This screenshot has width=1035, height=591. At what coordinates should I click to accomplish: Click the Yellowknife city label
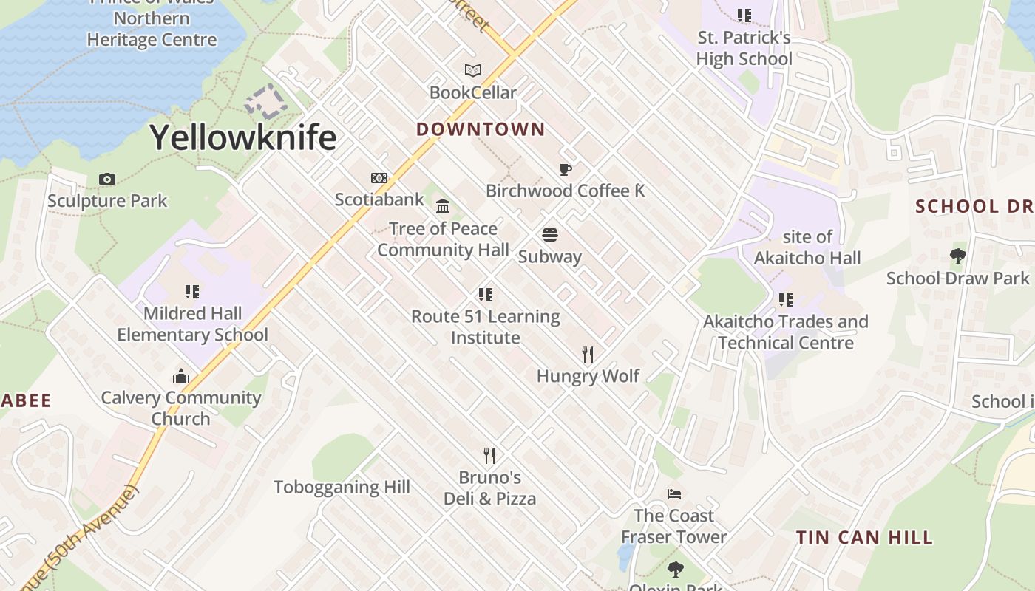pyautogui.click(x=243, y=137)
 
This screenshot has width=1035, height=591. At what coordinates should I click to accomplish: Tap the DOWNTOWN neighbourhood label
pyautogui.click(x=481, y=129)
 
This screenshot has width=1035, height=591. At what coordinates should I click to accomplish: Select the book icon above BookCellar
pyautogui.click(x=473, y=71)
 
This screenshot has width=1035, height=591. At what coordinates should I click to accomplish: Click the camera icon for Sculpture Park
pyautogui.click(x=107, y=179)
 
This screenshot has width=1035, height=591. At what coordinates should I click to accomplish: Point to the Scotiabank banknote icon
pyautogui.click(x=379, y=178)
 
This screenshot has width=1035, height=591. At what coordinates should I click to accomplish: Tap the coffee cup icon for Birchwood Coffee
pyautogui.click(x=566, y=170)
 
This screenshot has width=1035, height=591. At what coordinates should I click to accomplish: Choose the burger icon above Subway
pyautogui.click(x=549, y=235)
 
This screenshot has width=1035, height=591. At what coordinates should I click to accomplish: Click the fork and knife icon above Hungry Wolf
pyautogui.click(x=588, y=355)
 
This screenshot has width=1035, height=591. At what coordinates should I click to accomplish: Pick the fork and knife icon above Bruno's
pyautogui.click(x=489, y=455)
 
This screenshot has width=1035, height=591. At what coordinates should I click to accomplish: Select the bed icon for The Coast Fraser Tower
pyautogui.click(x=673, y=494)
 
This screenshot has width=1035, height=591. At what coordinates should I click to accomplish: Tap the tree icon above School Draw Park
pyautogui.click(x=958, y=256)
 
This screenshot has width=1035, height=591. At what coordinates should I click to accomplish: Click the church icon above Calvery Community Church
pyautogui.click(x=181, y=377)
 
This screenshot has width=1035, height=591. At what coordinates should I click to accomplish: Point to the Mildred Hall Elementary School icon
pyautogui.click(x=192, y=292)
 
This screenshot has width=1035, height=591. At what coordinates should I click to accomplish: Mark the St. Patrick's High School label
pyautogui.click(x=744, y=48)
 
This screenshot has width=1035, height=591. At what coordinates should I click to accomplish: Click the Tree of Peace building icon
pyautogui.click(x=443, y=206)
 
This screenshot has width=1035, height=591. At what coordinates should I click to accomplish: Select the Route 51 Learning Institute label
pyautogui.click(x=486, y=327)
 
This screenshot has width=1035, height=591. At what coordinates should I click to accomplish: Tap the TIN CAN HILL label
pyautogui.click(x=864, y=537)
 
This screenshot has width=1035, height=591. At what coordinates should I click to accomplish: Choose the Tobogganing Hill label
pyautogui.click(x=342, y=488)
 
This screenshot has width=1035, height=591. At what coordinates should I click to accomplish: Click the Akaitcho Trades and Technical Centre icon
pyautogui.click(x=785, y=300)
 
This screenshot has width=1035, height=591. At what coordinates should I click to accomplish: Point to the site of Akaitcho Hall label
pyautogui.click(x=807, y=247)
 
